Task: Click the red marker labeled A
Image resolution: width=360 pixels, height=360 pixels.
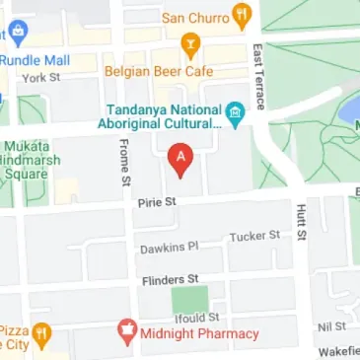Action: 180,159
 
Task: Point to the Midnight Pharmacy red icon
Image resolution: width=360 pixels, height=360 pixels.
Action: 126,333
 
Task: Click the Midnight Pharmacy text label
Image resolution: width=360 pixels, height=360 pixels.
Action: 196,334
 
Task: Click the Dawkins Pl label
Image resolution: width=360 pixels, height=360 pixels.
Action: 169,247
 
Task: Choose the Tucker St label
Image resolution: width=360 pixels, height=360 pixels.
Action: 254,237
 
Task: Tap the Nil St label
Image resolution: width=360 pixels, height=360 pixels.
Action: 332,326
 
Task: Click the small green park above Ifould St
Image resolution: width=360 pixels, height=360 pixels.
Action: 191,298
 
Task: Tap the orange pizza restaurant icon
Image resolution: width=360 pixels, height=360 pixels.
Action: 41,335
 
